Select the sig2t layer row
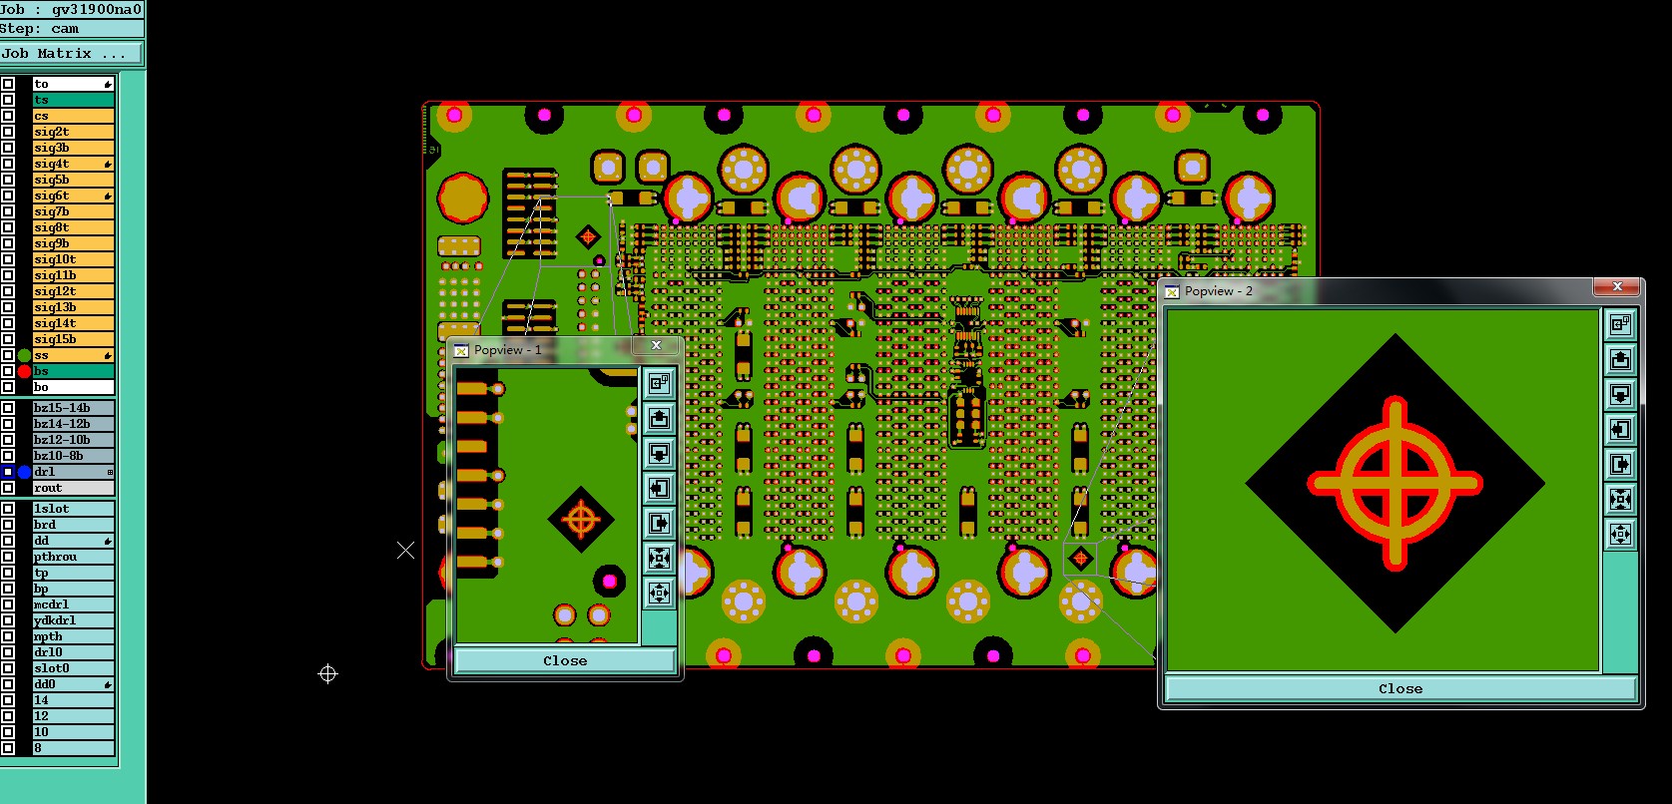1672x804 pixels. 73,132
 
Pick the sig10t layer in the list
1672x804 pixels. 73,259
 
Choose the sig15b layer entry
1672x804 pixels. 73,339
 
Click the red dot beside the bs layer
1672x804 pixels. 24,371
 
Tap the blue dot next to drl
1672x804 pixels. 24,472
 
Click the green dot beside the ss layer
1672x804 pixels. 24,356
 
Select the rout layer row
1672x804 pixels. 73,488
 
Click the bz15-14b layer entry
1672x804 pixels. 73,408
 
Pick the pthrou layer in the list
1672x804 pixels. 73,558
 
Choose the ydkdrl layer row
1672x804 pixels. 73,620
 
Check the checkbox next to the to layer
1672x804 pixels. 8,84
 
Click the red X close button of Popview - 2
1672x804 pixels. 1617,287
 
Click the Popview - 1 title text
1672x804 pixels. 507,350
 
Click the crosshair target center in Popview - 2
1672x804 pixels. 1395,483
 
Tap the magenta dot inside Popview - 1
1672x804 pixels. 610,581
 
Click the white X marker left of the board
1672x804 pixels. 405,551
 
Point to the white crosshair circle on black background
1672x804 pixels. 327,674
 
